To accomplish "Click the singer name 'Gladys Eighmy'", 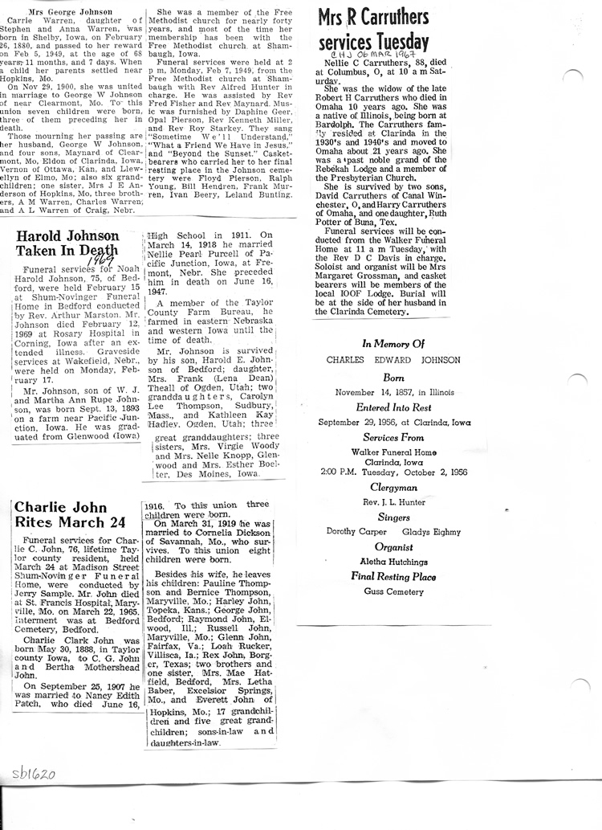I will pos(431,531).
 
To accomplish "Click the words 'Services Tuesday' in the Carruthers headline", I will pos(373,42).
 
